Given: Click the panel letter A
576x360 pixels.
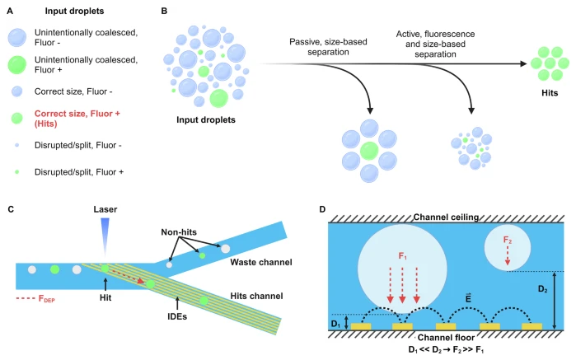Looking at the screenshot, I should pos(7,10).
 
